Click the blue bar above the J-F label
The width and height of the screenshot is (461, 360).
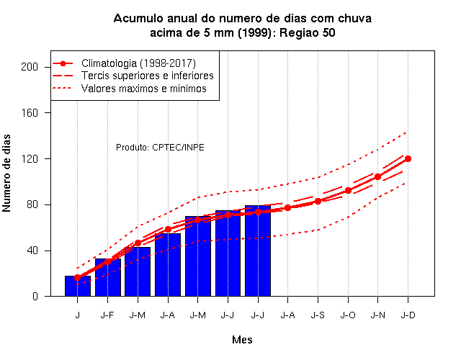[x=108, y=277]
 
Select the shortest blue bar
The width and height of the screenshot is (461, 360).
[x=78, y=286]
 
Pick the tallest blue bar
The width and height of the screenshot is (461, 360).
[x=258, y=251]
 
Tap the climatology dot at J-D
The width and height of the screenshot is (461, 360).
[x=408, y=158]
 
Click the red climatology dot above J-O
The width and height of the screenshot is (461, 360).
[x=348, y=190]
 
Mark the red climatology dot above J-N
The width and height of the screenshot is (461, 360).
[x=377, y=177]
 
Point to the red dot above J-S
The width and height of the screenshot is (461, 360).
[x=318, y=202]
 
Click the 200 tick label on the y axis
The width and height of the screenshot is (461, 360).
[x=30, y=67]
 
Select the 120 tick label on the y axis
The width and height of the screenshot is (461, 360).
[x=30, y=158]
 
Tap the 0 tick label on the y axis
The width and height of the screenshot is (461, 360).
[x=35, y=296]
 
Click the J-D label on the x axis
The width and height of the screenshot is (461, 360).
[x=408, y=315]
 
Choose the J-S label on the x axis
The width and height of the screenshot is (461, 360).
[x=318, y=315]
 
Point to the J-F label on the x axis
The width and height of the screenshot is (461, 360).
[x=107, y=315]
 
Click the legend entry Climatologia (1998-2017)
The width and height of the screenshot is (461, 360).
[x=138, y=63]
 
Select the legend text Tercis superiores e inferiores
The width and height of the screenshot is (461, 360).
[x=147, y=76]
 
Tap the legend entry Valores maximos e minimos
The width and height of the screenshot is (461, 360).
[x=144, y=89]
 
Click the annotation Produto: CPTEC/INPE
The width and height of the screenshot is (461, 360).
[x=160, y=147]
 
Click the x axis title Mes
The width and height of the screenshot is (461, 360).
[x=242, y=340]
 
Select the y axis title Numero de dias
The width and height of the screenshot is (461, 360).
[x=6, y=173]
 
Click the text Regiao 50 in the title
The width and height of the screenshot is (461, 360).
[x=307, y=32]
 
